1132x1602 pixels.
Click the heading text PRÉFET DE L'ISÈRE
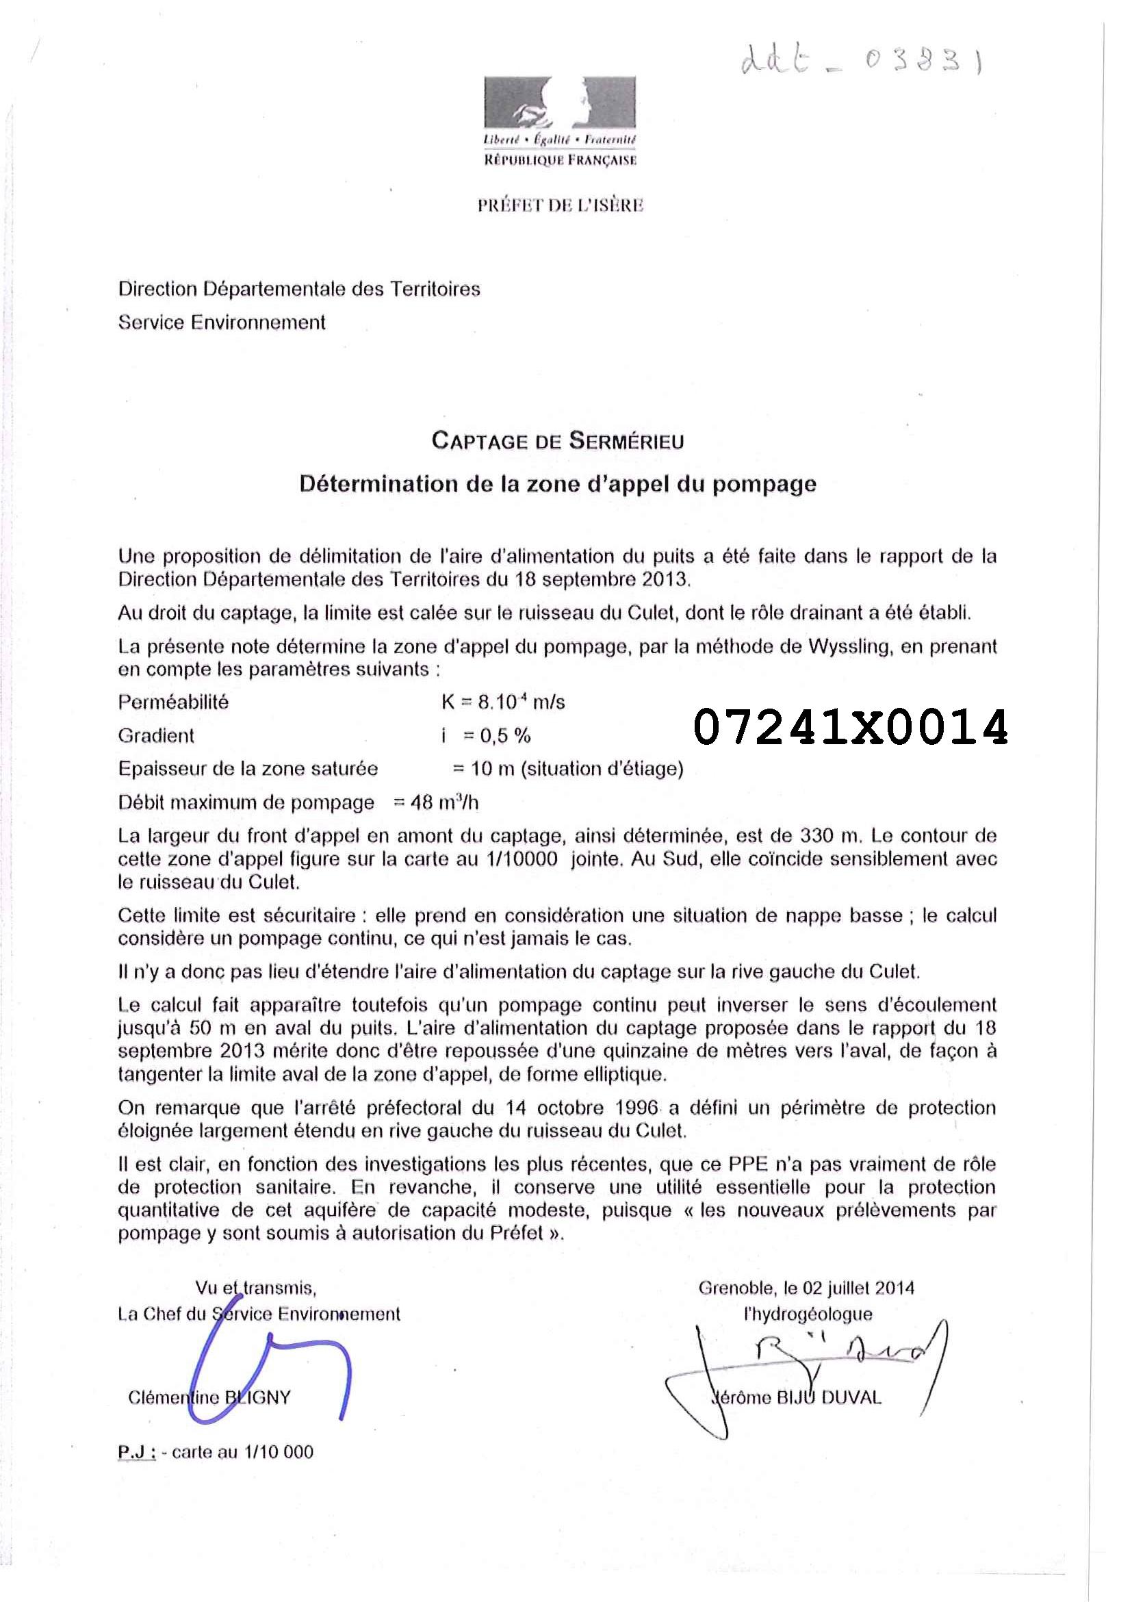pos(560,205)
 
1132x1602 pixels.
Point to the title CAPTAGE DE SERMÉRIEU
pos(558,441)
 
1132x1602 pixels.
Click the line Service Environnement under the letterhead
pos(222,322)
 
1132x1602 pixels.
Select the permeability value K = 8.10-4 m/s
pos(503,702)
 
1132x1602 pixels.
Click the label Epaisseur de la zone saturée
pos(248,769)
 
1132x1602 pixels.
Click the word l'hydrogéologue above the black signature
pos(808,1314)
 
